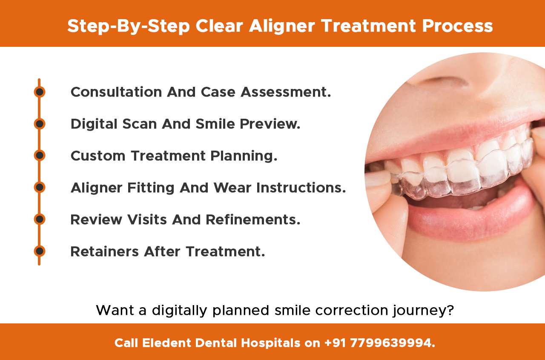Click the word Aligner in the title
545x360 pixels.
pyautogui.click(x=282, y=26)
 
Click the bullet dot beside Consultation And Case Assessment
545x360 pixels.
pyautogui.click(x=40, y=92)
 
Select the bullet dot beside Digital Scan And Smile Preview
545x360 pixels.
pyautogui.click(x=40, y=124)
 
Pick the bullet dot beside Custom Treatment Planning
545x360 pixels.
pyautogui.click(x=40, y=156)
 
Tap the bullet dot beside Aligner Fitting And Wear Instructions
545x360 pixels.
pyautogui.click(x=40, y=187)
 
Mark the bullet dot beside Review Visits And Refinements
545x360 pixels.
pyautogui.click(x=40, y=219)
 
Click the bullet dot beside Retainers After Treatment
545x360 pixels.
pyautogui.click(x=40, y=251)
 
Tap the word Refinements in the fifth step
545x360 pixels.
pyautogui.click(x=253, y=220)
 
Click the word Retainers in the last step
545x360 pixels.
pyautogui.click(x=105, y=251)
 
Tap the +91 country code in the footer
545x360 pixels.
pyautogui.click(x=335, y=343)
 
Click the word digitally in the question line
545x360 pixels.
pyautogui.click(x=178, y=311)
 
